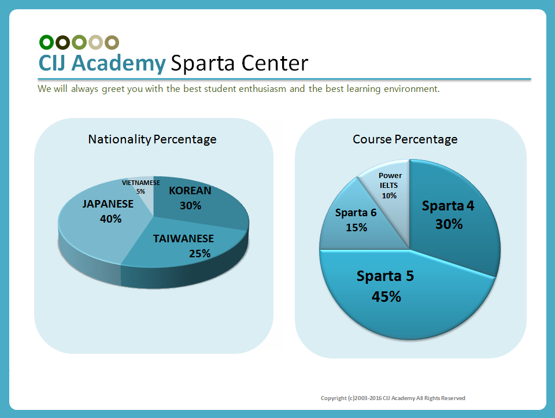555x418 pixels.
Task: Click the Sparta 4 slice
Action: [x=451, y=220]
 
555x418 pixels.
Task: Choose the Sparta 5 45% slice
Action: [x=393, y=289]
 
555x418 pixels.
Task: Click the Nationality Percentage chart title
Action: [x=152, y=139]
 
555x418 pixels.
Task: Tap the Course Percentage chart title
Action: [x=405, y=139]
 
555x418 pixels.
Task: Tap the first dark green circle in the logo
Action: [x=46, y=42]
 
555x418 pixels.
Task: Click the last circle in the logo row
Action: [x=112, y=42]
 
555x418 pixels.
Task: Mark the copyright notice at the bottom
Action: [x=393, y=398]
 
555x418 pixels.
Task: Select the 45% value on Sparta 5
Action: [x=387, y=297]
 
